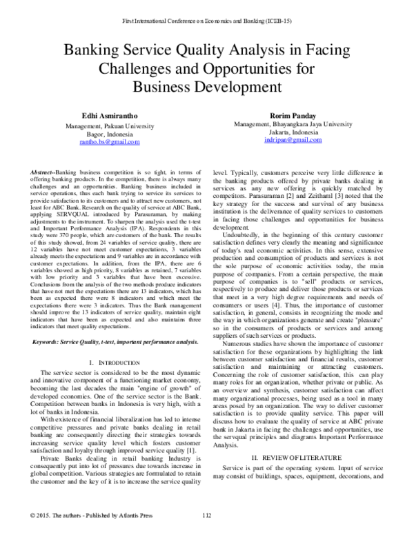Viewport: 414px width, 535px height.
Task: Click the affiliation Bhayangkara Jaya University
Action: pyautogui.click(x=309, y=124)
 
